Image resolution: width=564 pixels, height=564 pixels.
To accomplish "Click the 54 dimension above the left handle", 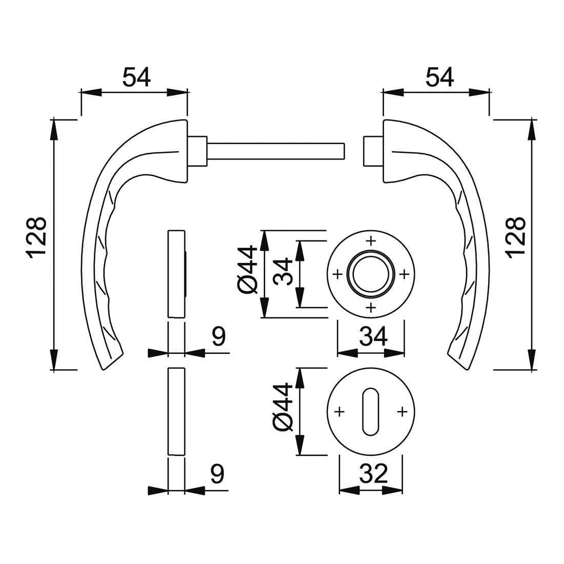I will click(136, 77).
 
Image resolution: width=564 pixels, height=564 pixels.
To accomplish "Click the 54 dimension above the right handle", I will click(439, 77).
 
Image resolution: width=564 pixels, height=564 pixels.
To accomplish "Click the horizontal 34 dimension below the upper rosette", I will click(373, 336).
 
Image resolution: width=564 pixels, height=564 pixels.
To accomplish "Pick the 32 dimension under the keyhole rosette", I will click(373, 474).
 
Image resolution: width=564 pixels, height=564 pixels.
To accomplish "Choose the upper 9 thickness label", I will click(218, 337).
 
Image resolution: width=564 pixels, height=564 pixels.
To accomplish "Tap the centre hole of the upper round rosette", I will click(370, 273).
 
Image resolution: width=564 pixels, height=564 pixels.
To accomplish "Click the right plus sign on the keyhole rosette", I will click(402, 411).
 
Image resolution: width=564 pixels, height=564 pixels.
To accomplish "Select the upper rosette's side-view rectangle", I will click(176, 274).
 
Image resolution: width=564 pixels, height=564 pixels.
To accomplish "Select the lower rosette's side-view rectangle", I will click(176, 411).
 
